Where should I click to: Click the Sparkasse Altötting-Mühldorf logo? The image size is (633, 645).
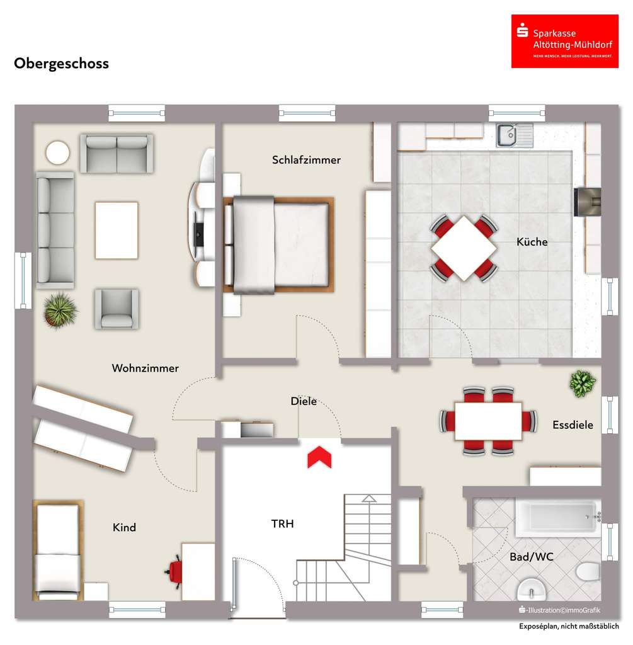(564, 41)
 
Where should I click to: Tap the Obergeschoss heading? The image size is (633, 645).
(61, 64)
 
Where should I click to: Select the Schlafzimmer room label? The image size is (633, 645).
(306, 160)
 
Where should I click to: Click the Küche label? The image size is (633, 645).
(532, 242)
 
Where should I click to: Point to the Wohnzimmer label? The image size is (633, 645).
(145, 368)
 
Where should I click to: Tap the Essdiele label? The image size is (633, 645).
(573, 425)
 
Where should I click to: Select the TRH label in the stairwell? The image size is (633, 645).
(282, 523)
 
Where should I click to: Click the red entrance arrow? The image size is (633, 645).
(319, 457)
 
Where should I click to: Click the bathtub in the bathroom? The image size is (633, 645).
(555, 517)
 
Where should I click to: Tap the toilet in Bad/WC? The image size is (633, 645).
(588, 572)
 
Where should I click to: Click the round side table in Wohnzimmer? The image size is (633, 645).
(57, 152)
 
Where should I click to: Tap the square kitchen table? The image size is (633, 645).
(464, 248)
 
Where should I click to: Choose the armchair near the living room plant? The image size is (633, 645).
(117, 308)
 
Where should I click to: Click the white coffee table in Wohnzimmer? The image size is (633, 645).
(117, 229)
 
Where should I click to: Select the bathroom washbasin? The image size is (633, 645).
(532, 591)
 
